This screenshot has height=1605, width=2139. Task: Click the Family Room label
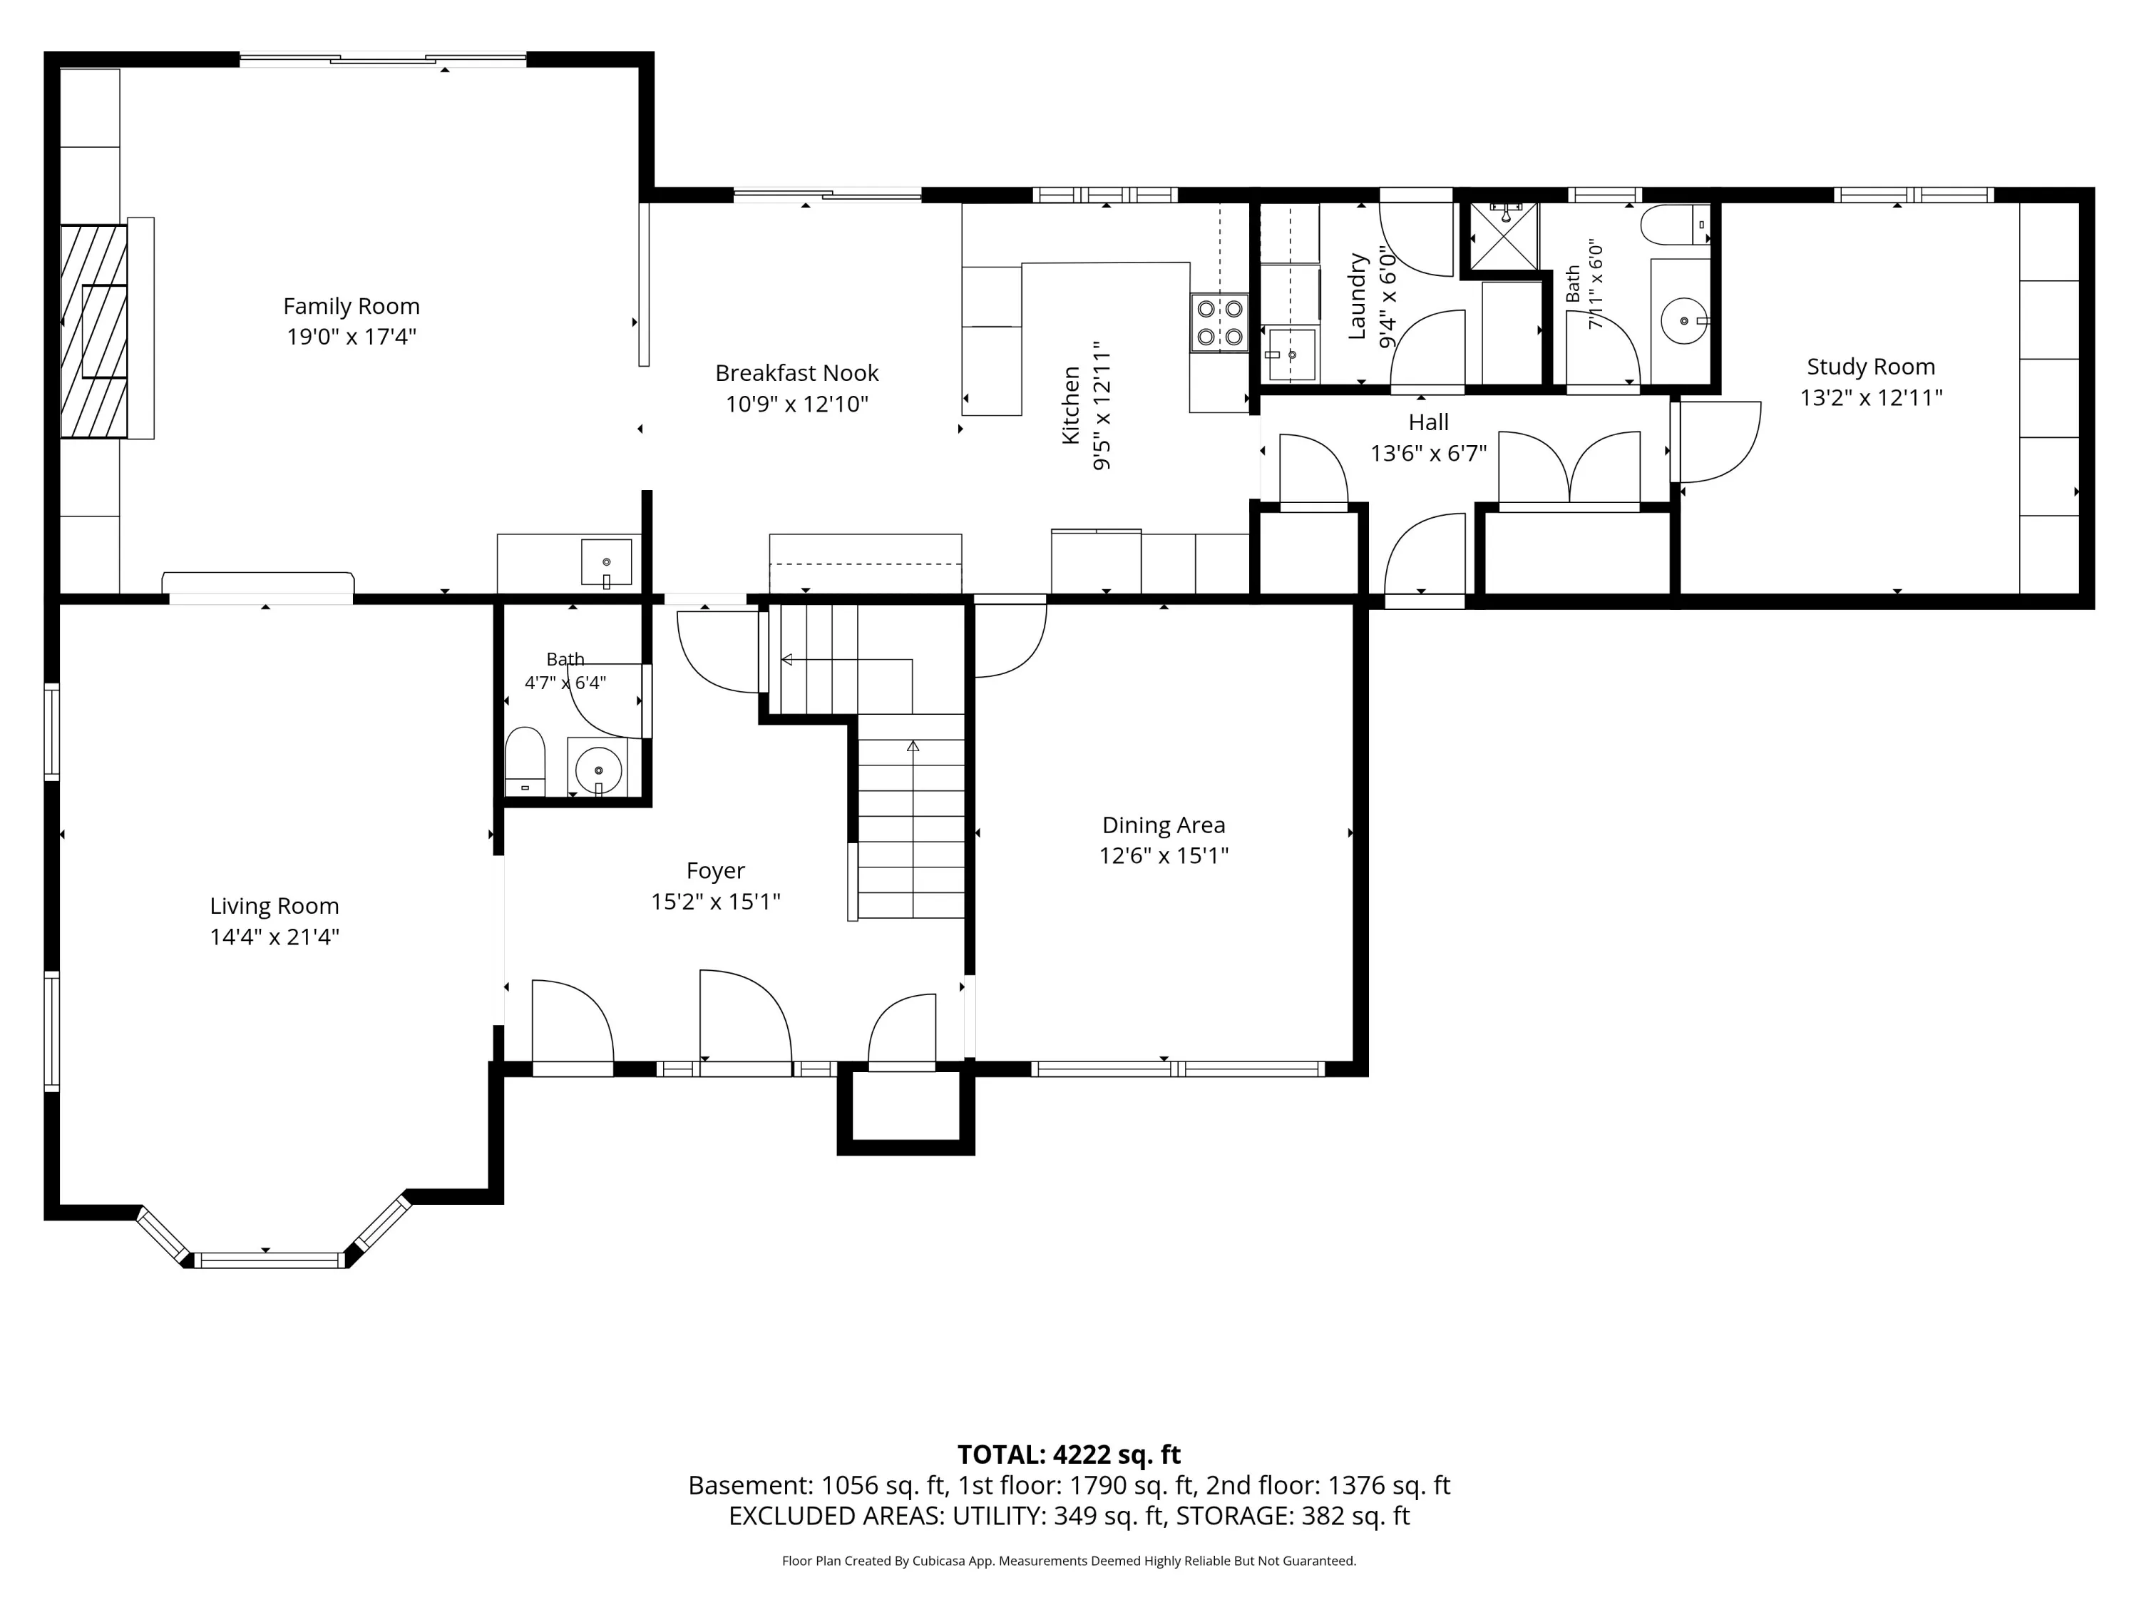coord(351,307)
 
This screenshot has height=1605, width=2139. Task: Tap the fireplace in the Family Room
coord(94,331)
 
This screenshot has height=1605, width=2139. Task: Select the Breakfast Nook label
coord(797,374)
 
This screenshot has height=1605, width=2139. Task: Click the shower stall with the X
coord(1503,235)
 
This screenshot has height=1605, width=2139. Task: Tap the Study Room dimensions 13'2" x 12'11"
coord(1870,397)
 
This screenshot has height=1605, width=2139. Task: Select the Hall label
coord(1428,423)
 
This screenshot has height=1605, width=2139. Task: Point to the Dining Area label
coord(1164,825)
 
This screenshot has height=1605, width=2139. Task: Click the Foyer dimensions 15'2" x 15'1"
coord(716,902)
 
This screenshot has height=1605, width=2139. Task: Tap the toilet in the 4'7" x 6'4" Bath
coord(525,761)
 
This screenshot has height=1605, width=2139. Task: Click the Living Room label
coord(275,907)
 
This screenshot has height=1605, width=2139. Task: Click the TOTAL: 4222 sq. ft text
coord(1069,1455)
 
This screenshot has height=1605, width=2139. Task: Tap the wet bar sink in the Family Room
coord(606,563)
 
